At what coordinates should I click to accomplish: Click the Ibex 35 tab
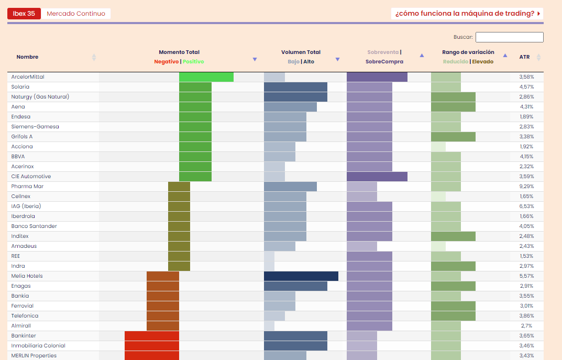tap(24, 14)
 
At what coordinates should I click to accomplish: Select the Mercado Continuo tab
tap(76, 14)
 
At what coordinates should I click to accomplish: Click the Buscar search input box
tap(509, 37)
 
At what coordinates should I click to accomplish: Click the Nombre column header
tap(27, 57)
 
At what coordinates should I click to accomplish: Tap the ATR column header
tap(524, 57)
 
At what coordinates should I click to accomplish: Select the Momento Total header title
tap(179, 52)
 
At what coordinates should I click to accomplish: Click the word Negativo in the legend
tap(166, 62)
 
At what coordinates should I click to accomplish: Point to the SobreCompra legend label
tap(384, 62)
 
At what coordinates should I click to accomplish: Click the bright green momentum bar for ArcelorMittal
tap(206, 77)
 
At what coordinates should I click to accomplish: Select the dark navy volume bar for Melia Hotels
tap(301, 276)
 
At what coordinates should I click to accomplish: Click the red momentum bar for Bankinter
tap(152, 336)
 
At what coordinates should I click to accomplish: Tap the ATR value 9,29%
tap(526, 187)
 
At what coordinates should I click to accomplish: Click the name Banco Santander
tap(34, 226)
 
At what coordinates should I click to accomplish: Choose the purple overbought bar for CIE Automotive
tap(377, 177)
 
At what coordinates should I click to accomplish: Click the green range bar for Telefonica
tap(453, 316)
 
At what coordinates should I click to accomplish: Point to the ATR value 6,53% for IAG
tap(526, 206)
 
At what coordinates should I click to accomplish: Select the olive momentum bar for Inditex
tap(179, 236)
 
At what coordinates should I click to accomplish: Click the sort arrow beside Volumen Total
tap(337, 59)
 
